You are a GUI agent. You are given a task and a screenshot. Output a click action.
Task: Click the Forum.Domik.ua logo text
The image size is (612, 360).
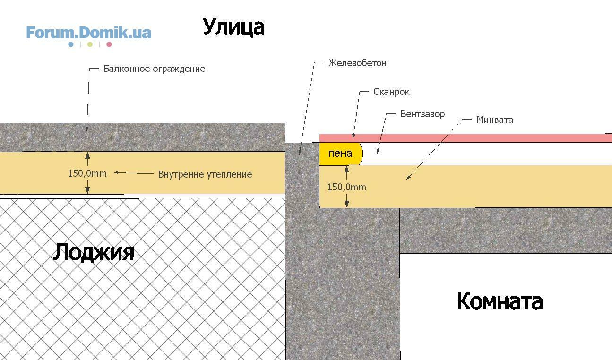(89, 33)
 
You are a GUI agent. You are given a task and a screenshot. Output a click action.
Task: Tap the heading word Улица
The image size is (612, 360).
(233, 27)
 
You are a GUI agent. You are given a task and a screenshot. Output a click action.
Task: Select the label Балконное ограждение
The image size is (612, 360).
(154, 69)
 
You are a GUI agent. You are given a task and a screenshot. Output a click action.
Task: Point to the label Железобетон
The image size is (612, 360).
(357, 63)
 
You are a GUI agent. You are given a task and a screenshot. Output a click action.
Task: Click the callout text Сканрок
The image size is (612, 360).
(391, 92)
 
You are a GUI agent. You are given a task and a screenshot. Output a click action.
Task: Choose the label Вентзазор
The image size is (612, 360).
(422, 114)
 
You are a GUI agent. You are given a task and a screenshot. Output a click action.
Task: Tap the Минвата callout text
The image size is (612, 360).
(494, 120)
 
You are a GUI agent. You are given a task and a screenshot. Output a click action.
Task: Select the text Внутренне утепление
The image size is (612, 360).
(205, 174)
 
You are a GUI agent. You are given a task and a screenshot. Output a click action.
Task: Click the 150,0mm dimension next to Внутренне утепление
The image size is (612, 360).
(87, 173)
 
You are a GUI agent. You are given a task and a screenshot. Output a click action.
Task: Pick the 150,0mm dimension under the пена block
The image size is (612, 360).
(346, 187)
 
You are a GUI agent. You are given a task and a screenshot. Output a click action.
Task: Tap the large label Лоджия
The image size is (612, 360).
(94, 252)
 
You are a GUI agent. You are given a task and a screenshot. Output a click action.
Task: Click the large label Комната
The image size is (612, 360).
(500, 301)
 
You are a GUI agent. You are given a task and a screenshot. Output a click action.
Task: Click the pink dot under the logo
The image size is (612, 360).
(109, 44)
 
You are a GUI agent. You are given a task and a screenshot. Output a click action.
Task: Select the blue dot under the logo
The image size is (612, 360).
(71, 44)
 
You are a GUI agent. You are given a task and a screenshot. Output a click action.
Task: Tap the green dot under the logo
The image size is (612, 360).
(90, 44)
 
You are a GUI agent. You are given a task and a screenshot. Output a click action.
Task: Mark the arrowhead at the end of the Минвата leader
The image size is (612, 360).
(408, 178)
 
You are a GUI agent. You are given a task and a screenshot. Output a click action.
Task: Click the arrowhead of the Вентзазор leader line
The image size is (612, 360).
(378, 151)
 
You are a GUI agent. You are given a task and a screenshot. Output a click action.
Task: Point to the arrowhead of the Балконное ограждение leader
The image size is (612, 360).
(87, 129)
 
